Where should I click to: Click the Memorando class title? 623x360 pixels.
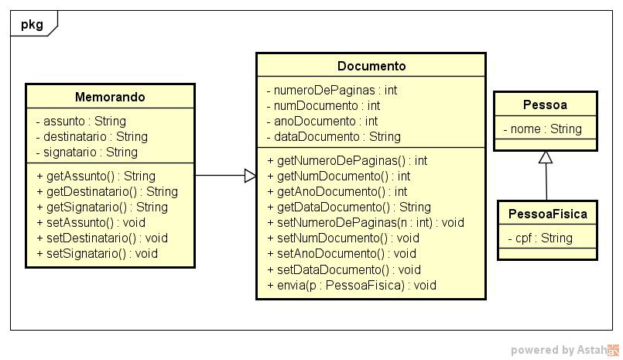(110, 97)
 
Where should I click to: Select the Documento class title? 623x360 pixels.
(371, 66)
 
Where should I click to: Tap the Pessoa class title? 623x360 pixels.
(546, 105)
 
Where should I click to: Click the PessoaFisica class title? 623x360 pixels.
(547, 214)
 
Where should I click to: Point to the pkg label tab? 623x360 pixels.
(32, 24)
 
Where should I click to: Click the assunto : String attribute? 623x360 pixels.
(80, 121)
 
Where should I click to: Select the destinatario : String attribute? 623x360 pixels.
(91, 136)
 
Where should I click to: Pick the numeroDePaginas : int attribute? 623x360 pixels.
(331, 90)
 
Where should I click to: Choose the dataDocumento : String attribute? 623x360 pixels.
(334, 136)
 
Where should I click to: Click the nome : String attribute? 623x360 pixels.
(543, 129)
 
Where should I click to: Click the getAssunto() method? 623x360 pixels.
(95, 176)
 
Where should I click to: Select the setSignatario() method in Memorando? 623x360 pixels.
(97, 253)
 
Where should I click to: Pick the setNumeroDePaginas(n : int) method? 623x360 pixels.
(365, 222)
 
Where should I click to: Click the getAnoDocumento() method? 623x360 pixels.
(337, 191)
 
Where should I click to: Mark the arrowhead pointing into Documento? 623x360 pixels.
(250, 176)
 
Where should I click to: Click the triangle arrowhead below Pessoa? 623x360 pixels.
(546, 157)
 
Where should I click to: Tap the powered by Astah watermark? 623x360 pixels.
(565, 350)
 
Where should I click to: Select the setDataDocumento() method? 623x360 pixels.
(344, 269)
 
